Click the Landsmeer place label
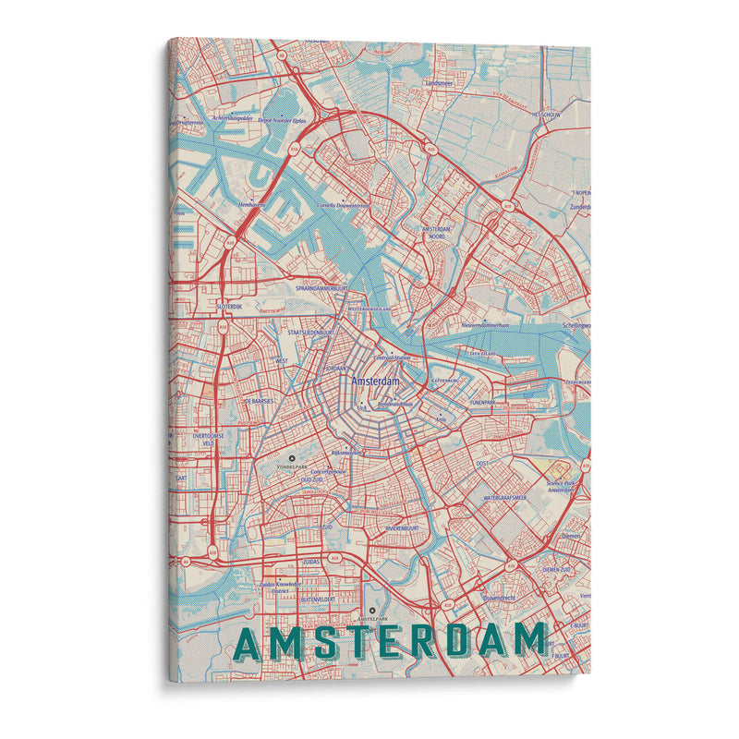440,82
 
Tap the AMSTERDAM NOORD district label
441,232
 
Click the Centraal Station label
394,357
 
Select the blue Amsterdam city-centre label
374,381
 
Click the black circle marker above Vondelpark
293,457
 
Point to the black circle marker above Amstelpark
371,611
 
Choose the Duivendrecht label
503,598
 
